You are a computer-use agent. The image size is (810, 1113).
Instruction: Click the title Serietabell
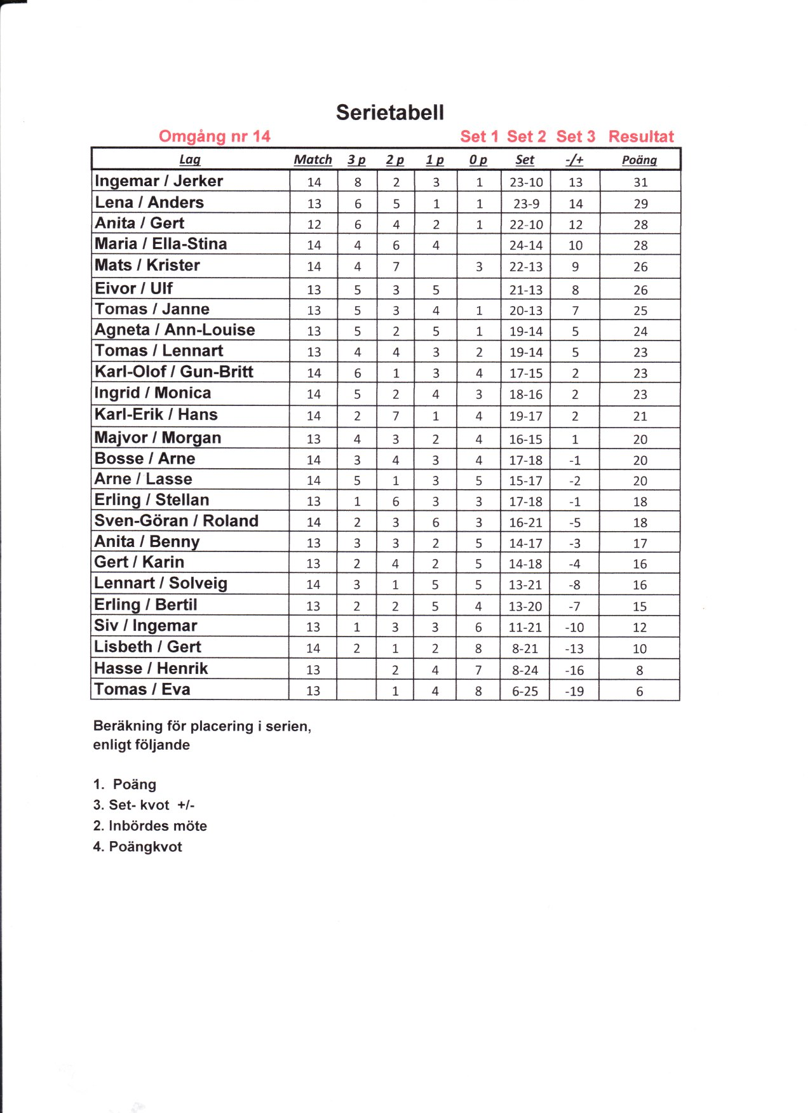[x=390, y=112]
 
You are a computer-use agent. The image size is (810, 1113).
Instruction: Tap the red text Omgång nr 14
[x=214, y=137]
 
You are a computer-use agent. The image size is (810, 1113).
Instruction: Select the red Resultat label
[x=640, y=137]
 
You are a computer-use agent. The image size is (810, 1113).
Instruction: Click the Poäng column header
[x=639, y=160]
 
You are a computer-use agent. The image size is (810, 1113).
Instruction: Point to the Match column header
[x=313, y=160]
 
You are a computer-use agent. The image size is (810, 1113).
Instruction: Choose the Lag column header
[x=189, y=160]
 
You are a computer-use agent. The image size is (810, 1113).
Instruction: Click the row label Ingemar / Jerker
[x=159, y=181]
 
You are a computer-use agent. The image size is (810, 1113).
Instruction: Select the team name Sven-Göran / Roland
[x=176, y=521]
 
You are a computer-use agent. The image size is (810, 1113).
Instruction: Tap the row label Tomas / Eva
[x=142, y=689]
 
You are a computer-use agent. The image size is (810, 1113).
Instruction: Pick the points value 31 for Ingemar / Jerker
[x=640, y=182]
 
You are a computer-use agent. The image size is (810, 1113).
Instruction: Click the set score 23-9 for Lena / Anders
[x=526, y=204]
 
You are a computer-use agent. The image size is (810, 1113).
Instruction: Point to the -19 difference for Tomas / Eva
[x=574, y=691]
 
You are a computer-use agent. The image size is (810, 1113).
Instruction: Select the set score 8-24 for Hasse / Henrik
[x=525, y=670]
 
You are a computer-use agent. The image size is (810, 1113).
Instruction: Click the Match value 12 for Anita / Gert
[x=314, y=225]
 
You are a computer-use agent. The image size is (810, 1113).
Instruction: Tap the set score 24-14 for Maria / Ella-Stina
[x=526, y=246]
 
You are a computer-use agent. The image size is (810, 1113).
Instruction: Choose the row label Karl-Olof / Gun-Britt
[x=173, y=372]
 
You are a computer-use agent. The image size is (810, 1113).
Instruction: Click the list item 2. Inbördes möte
[x=150, y=826]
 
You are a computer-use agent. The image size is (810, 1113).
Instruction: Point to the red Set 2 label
[x=526, y=137]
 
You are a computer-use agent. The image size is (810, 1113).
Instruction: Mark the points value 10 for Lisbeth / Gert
[x=639, y=649]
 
